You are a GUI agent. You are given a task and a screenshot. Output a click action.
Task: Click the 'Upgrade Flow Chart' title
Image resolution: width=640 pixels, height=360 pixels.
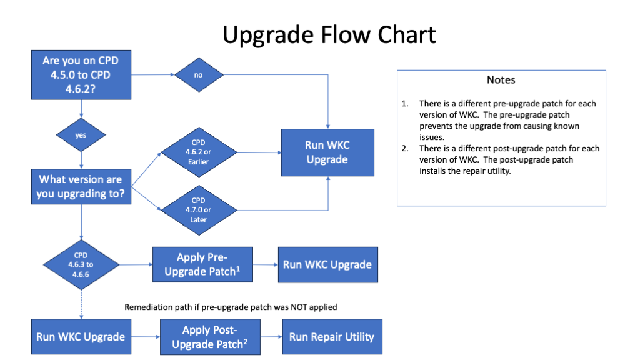click(x=329, y=34)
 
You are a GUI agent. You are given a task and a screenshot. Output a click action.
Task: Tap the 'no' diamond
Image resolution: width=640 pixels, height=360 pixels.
click(x=199, y=75)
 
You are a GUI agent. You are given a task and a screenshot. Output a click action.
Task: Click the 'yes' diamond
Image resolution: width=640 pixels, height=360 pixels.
click(x=81, y=134)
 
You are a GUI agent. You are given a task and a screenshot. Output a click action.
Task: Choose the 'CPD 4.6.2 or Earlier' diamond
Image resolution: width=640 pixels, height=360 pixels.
click(x=199, y=152)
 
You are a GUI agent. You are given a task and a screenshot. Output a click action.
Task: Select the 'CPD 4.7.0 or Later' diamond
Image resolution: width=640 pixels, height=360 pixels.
click(x=199, y=209)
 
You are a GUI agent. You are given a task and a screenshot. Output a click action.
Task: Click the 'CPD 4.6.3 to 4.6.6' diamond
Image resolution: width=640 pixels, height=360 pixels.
click(x=81, y=264)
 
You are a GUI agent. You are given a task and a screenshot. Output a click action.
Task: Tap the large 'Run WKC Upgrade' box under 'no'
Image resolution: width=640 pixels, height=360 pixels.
click(x=327, y=152)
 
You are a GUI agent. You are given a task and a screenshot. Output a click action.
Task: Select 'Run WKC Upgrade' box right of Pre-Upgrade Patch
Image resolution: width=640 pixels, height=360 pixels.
click(x=327, y=264)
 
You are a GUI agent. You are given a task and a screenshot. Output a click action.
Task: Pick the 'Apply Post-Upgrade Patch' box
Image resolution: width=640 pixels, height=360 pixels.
click(x=210, y=337)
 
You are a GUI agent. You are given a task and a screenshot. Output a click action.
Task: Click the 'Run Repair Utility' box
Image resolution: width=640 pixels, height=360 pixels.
click(x=331, y=337)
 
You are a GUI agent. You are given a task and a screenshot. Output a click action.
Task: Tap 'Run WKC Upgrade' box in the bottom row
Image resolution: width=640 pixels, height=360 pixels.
click(x=81, y=337)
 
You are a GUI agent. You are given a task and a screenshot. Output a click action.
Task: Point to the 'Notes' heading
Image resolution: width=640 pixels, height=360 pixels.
click(x=501, y=80)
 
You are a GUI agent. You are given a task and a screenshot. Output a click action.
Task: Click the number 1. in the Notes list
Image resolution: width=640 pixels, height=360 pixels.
click(x=406, y=103)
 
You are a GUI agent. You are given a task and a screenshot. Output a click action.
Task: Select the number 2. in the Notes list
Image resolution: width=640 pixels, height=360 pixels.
click(x=406, y=148)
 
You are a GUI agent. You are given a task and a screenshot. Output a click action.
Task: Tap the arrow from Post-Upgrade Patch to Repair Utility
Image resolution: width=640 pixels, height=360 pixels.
click(x=271, y=337)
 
